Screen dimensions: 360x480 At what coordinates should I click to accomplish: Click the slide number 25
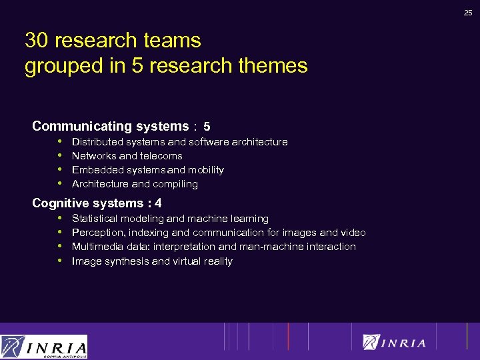(469, 11)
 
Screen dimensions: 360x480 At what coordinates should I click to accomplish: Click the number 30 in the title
(37, 41)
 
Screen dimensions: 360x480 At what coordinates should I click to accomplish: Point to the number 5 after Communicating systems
(207, 127)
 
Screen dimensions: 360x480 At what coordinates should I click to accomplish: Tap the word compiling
(175, 184)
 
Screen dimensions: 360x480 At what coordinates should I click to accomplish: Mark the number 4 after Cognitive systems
(158, 203)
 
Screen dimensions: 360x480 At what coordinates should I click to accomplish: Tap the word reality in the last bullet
(215, 261)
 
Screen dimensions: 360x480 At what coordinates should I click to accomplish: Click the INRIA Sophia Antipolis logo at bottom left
(44, 347)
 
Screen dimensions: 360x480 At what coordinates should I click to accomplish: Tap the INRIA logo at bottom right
(394, 342)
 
